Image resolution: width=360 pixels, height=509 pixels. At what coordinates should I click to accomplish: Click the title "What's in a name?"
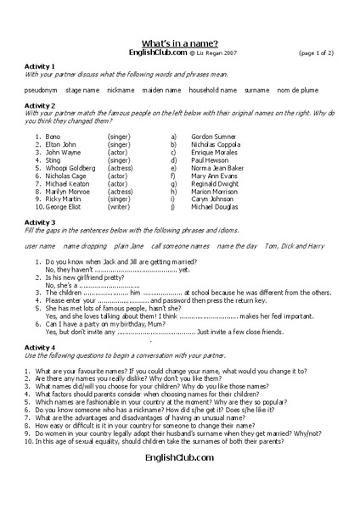(179, 42)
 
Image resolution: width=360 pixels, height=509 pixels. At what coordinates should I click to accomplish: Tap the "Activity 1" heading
(41, 66)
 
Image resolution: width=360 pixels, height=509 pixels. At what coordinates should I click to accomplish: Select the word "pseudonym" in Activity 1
(41, 89)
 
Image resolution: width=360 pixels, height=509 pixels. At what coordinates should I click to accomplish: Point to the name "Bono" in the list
(53, 136)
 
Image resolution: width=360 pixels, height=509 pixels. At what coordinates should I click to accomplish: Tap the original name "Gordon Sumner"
(212, 136)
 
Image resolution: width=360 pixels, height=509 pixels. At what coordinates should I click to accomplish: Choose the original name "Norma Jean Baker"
(217, 167)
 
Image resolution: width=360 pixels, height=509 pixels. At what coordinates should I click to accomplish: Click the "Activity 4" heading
(41, 347)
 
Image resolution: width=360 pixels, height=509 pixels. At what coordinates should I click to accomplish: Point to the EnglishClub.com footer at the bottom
(179, 457)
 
